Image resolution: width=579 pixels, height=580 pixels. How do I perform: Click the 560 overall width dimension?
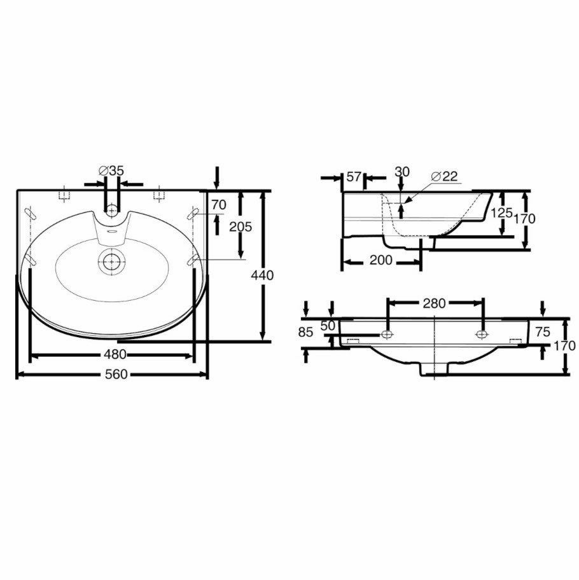coord(116,374)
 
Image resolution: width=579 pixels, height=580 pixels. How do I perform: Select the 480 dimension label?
coord(115,354)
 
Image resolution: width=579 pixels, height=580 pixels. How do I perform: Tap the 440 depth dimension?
coord(262,275)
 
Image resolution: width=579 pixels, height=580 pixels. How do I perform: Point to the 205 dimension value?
coord(241,226)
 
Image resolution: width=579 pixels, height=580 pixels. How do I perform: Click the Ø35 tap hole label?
coord(111,170)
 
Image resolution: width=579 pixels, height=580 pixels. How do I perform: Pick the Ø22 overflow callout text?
coord(444,176)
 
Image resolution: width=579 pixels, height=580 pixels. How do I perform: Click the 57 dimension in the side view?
coord(354,176)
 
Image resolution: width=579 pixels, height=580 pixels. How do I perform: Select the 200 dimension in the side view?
coord(380,260)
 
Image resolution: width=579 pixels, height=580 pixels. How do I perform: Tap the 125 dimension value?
coord(501,212)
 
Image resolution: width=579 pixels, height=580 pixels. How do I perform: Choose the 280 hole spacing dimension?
coord(434,303)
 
